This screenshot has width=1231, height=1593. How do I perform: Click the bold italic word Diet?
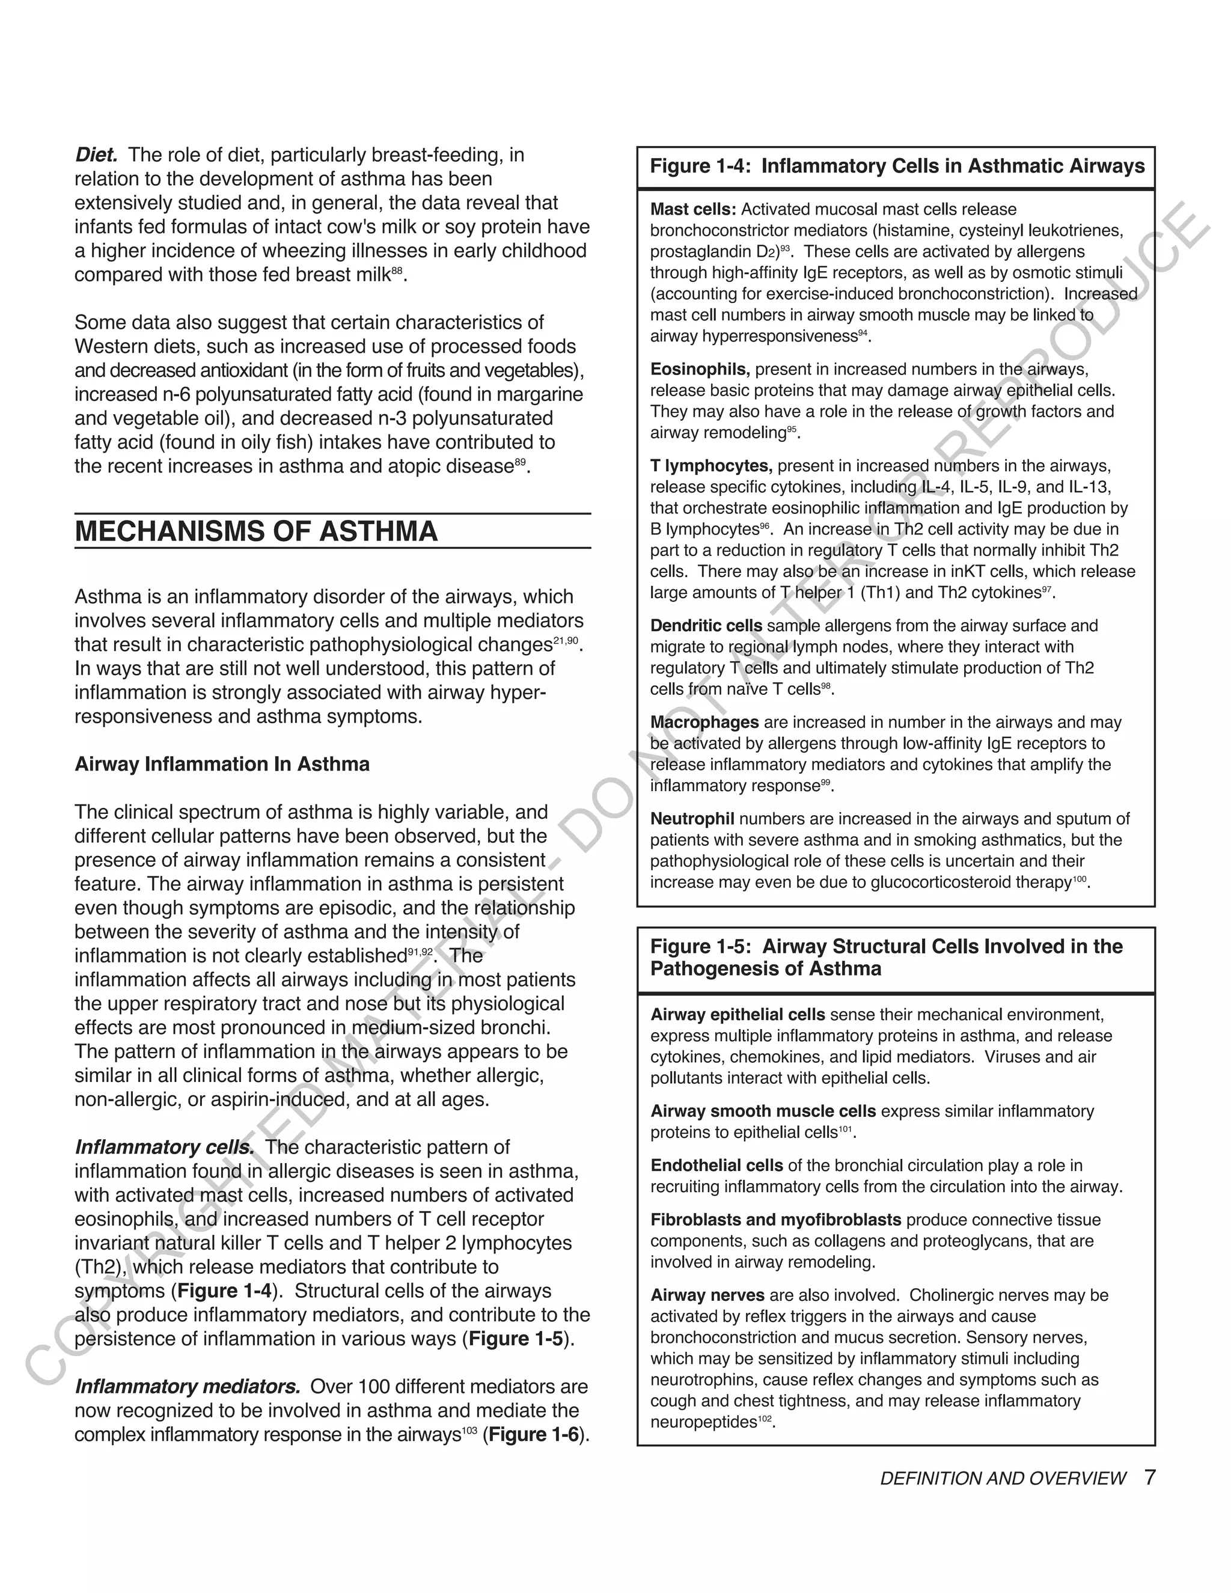click(x=96, y=155)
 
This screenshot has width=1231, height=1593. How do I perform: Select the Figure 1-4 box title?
click(x=897, y=167)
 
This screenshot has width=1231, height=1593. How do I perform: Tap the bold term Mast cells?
click(x=693, y=209)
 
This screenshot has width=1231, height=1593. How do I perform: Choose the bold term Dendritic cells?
click(x=706, y=626)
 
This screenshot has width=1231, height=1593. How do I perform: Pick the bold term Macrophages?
click(x=704, y=722)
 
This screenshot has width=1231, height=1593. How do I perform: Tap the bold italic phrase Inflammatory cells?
click(x=165, y=1148)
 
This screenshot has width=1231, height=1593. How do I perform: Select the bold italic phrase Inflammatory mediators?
click(x=188, y=1387)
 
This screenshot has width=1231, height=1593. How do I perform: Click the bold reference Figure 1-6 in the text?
click(x=534, y=1435)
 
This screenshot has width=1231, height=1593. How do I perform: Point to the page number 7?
click(x=1150, y=1478)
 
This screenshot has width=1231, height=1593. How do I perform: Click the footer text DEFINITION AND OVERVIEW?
click(x=1003, y=1479)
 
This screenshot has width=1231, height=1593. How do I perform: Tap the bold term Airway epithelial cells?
click(x=738, y=1015)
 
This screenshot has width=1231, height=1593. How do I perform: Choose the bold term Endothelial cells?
click(x=716, y=1166)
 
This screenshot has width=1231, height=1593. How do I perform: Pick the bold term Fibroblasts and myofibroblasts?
click(x=776, y=1220)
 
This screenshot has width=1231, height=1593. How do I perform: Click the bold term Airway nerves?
click(x=707, y=1295)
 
